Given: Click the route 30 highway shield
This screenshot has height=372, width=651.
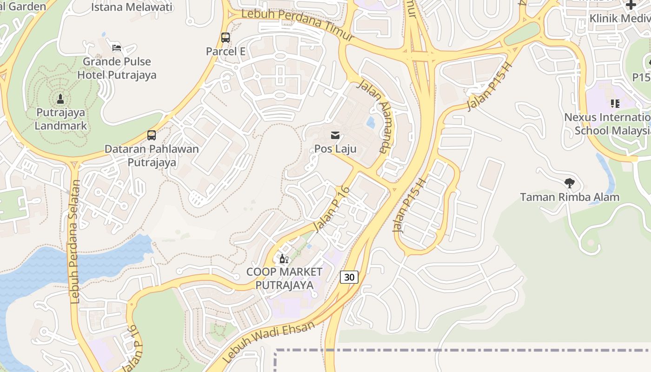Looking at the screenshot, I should click(349, 277).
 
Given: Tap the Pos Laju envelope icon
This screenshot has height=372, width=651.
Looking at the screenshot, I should click(335, 136).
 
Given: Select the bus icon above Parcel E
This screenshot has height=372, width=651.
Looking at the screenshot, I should click(226, 38).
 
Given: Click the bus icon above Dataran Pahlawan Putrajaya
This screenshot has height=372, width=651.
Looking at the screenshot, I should click(152, 135).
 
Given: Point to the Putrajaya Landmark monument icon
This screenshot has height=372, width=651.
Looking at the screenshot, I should click(60, 99).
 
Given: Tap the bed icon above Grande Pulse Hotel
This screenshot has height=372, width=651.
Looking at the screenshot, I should click(117, 48).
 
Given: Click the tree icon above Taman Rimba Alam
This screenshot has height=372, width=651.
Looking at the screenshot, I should click(569, 183).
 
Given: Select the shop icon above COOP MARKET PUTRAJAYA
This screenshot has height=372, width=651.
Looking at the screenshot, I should click(284, 259).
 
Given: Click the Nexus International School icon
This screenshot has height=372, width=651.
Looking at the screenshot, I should click(615, 104).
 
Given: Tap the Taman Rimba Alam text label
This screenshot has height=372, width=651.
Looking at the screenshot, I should click(570, 197).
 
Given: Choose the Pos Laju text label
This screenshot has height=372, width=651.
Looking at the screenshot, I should click(335, 149).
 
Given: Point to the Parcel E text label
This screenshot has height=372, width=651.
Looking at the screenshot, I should click(226, 51).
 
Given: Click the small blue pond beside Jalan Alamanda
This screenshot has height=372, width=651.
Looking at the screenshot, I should click(371, 122).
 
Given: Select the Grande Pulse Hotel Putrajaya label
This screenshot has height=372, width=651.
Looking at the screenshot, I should click(117, 68).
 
